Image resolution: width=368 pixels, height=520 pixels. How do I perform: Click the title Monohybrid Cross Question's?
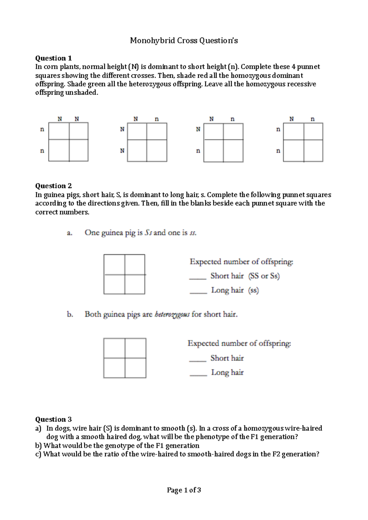click(x=184, y=40)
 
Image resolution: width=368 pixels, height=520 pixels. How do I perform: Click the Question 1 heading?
click(x=53, y=58)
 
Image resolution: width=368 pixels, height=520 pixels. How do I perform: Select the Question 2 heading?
click(x=53, y=186)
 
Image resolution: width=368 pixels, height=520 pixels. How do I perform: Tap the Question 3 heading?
click(x=53, y=419)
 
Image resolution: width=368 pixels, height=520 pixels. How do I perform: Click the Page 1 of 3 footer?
click(x=184, y=490)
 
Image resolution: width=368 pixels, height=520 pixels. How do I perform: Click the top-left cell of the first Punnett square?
click(x=59, y=131)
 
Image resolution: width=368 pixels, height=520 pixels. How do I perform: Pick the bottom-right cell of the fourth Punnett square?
click(x=313, y=151)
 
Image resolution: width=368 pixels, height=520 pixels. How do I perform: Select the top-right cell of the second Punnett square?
click(x=157, y=131)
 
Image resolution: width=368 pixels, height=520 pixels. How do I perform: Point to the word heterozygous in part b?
click(x=172, y=314)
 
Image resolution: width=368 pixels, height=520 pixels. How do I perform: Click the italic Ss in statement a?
click(x=148, y=233)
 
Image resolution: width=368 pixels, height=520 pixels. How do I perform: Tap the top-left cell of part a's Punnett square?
click(x=114, y=264)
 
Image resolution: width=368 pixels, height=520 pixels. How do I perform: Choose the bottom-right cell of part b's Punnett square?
click(x=135, y=368)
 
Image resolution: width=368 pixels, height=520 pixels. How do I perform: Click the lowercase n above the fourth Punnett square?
click(x=312, y=119)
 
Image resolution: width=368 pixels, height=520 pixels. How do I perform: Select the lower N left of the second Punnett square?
click(x=122, y=151)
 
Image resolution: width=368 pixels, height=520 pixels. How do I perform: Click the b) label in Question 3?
click(x=38, y=445)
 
